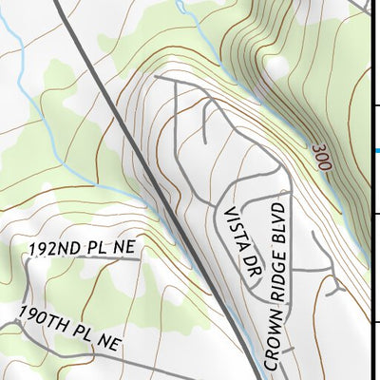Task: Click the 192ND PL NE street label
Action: (x=83, y=249)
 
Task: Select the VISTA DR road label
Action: (x=237, y=237)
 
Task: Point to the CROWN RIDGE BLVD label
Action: (x=275, y=285)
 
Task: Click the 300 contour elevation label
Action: (x=319, y=154)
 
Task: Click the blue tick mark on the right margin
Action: (x=377, y=150)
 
